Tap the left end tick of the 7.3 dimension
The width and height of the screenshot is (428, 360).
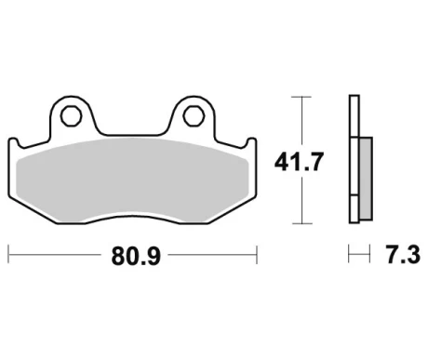pos(349,253)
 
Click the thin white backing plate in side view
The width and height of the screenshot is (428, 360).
pos(352,158)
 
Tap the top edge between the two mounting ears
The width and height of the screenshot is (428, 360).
pos(131,131)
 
